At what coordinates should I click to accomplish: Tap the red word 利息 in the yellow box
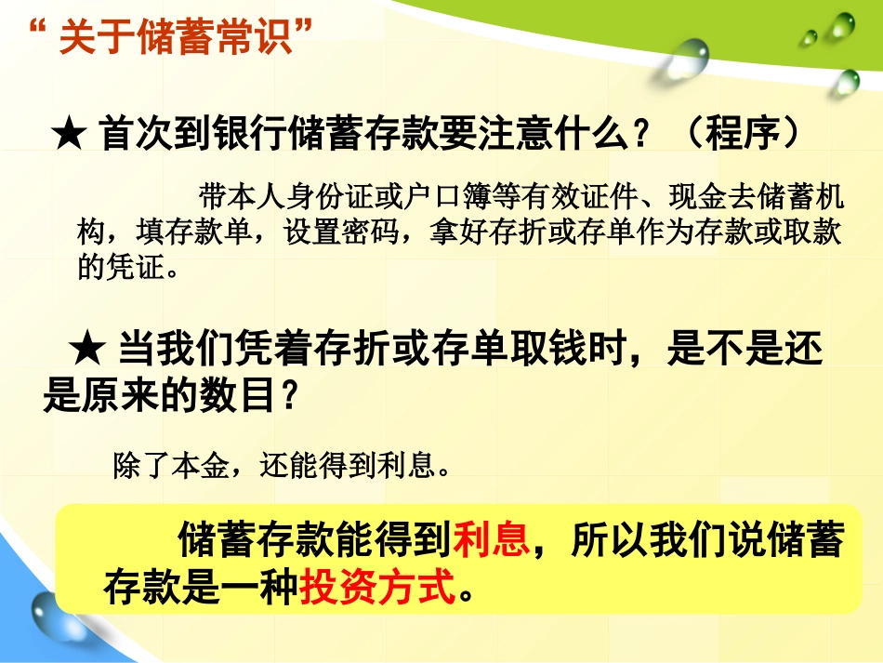(x=491, y=539)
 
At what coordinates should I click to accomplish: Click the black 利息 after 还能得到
(x=407, y=464)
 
